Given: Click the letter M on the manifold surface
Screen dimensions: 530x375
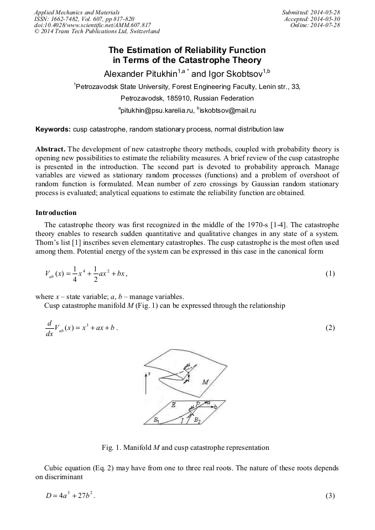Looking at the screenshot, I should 205,381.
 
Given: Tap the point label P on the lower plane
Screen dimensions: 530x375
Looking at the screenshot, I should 197,404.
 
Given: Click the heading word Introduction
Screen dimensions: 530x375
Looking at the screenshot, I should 56,213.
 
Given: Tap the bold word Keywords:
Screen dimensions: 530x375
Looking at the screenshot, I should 53,130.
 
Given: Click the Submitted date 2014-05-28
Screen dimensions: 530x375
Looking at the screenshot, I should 325,12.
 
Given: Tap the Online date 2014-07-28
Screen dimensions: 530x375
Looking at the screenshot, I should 325,25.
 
